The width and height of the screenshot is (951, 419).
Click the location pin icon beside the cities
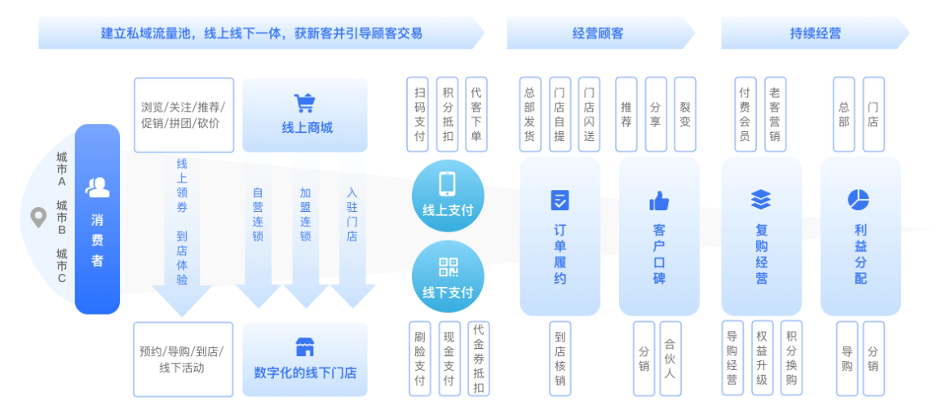pos(38,218)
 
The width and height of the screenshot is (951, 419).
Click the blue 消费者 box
pos(97,218)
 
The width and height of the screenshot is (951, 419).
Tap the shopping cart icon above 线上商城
pos(304,103)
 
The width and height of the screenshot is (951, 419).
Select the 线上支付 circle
pos(447,196)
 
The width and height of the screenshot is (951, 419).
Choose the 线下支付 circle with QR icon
pos(447,276)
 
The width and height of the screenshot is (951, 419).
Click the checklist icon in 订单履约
pos(560,200)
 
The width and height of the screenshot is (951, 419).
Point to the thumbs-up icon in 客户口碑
pos(658,201)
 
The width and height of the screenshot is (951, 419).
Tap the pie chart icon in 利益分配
pos(859,199)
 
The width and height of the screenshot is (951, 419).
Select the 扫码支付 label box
pos(419,114)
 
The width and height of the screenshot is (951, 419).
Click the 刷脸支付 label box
pos(419,359)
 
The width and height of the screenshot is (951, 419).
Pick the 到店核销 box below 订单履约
pos(560,359)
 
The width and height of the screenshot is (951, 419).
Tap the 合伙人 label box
pos(670,359)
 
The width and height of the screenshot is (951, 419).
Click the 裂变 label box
pos(684,114)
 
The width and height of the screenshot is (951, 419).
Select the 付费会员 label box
pos(744,114)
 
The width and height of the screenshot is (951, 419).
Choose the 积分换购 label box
pos(790,359)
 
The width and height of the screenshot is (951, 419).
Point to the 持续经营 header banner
pos(814,33)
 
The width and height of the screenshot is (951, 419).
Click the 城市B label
pos(61,218)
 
